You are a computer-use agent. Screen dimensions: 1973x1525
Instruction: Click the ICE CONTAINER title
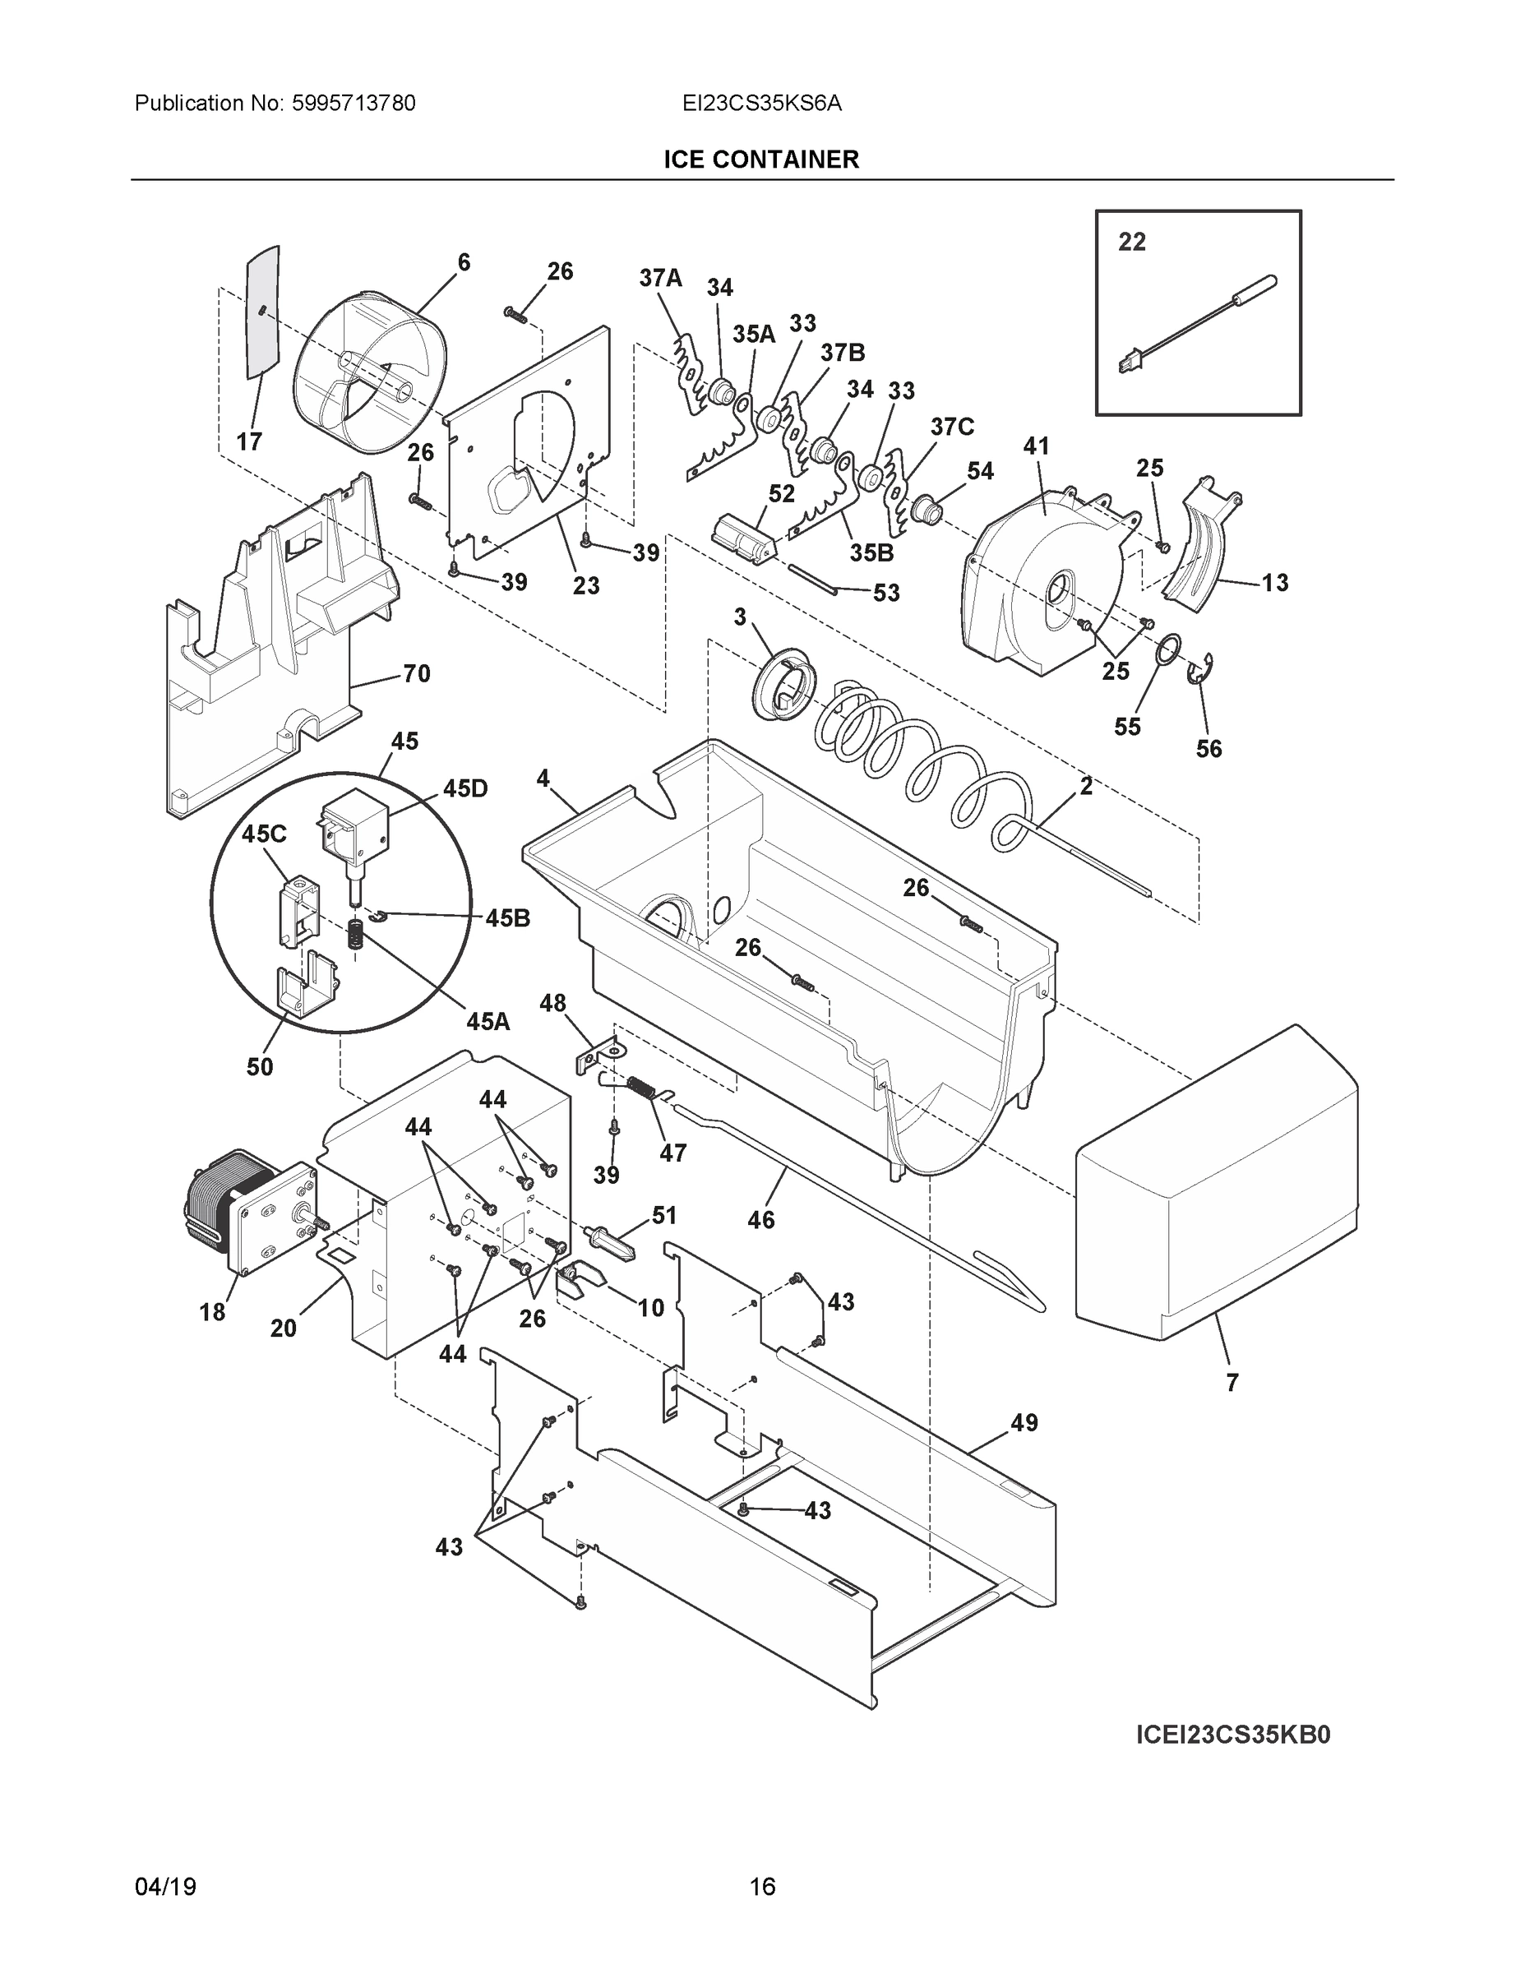pyautogui.click(x=760, y=160)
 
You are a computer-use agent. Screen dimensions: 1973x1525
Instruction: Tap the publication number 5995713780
pyautogui.click(x=354, y=104)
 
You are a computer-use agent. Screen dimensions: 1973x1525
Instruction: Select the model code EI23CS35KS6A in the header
pyautogui.click(x=761, y=104)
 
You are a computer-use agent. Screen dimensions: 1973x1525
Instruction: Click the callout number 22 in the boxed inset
pyautogui.click(x=1131, y=243)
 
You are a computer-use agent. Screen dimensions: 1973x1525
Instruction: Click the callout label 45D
pyautogui.click(x=465, y=788)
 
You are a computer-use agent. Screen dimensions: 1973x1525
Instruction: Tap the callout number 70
pyautogui.click(x=416, y=673)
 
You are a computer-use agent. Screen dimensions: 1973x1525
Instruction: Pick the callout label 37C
pyautogui.click(x=952, y=427)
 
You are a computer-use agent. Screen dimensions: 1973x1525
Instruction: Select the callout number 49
pyautogui.click(x=1024, y=1423)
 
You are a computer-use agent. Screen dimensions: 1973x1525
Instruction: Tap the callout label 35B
pyautogui.click(x=871, y=552)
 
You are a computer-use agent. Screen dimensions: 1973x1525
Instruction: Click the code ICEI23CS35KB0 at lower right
pyautogui.click(x=1232, y=1735)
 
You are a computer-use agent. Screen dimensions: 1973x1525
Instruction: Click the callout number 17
pyautogui.click(x=249, y=441)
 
